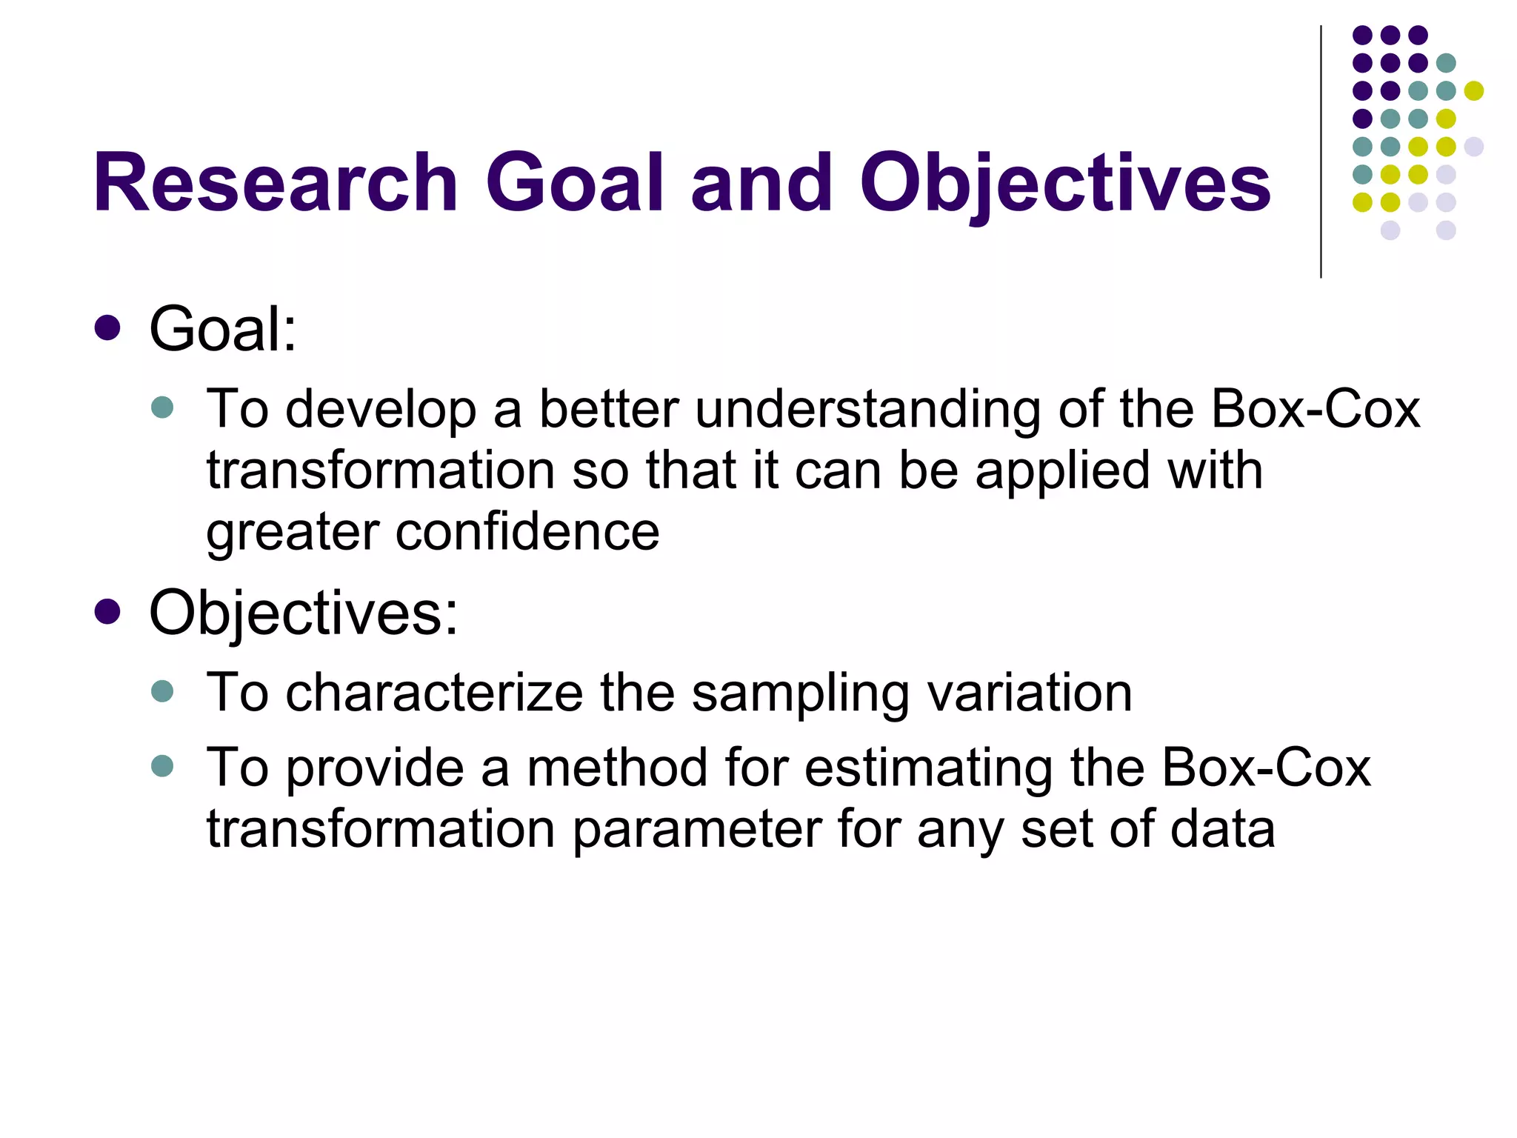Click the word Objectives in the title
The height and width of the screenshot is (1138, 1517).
point(1064,183)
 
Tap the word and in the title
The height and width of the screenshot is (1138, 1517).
point(761,183)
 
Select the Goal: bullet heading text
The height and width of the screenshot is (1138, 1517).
point(223,329)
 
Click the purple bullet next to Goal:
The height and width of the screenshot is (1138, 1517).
point(108,328)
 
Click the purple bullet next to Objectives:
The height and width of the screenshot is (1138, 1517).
point(108,612)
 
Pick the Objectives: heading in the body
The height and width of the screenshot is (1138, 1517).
point(304,613)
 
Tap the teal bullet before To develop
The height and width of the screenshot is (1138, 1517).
point(161,407)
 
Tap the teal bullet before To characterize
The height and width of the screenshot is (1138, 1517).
point(161,691)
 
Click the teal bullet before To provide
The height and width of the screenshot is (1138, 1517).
point(161,765)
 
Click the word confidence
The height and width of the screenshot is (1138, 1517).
point(527,532)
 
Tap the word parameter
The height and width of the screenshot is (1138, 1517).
point(696,830)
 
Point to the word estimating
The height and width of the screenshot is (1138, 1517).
point(929,768)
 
